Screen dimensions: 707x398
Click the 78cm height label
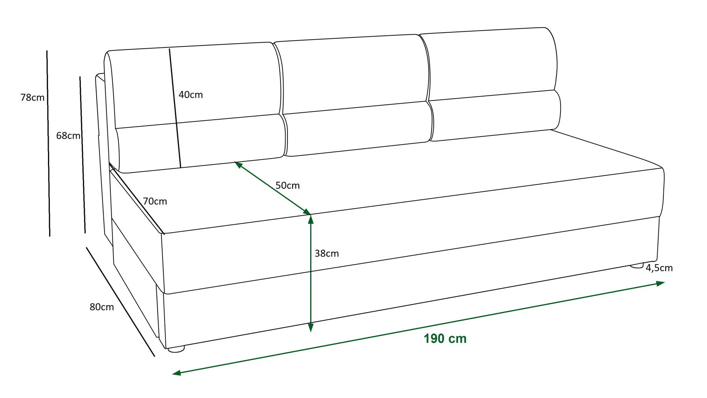(32, 97)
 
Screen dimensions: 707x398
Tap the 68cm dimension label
(68, 136)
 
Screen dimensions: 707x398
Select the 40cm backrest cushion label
(190, 95)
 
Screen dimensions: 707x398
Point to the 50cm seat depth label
(287, 185)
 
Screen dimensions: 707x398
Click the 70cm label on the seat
(155, 201)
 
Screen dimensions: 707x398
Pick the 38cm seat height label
(326, 254)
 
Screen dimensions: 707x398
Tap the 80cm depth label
(102, 307)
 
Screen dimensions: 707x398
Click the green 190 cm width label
(445, 339)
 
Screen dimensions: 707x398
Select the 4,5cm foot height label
(659, 268)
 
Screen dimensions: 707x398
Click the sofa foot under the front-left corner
(176, 349)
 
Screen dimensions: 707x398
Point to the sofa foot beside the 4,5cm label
(637, 266)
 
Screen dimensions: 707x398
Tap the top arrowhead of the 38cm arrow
(311, 219)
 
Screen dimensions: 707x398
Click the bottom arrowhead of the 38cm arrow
(311, 327)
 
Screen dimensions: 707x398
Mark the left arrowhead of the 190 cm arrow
(177, 373)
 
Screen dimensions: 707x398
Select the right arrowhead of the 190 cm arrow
(660, 283)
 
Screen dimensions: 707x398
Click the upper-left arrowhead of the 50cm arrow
(238, 165)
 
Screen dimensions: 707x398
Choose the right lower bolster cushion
(495, 115)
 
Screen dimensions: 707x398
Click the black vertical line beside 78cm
(48, 143)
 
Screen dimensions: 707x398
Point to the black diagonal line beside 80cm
(121, 302)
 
